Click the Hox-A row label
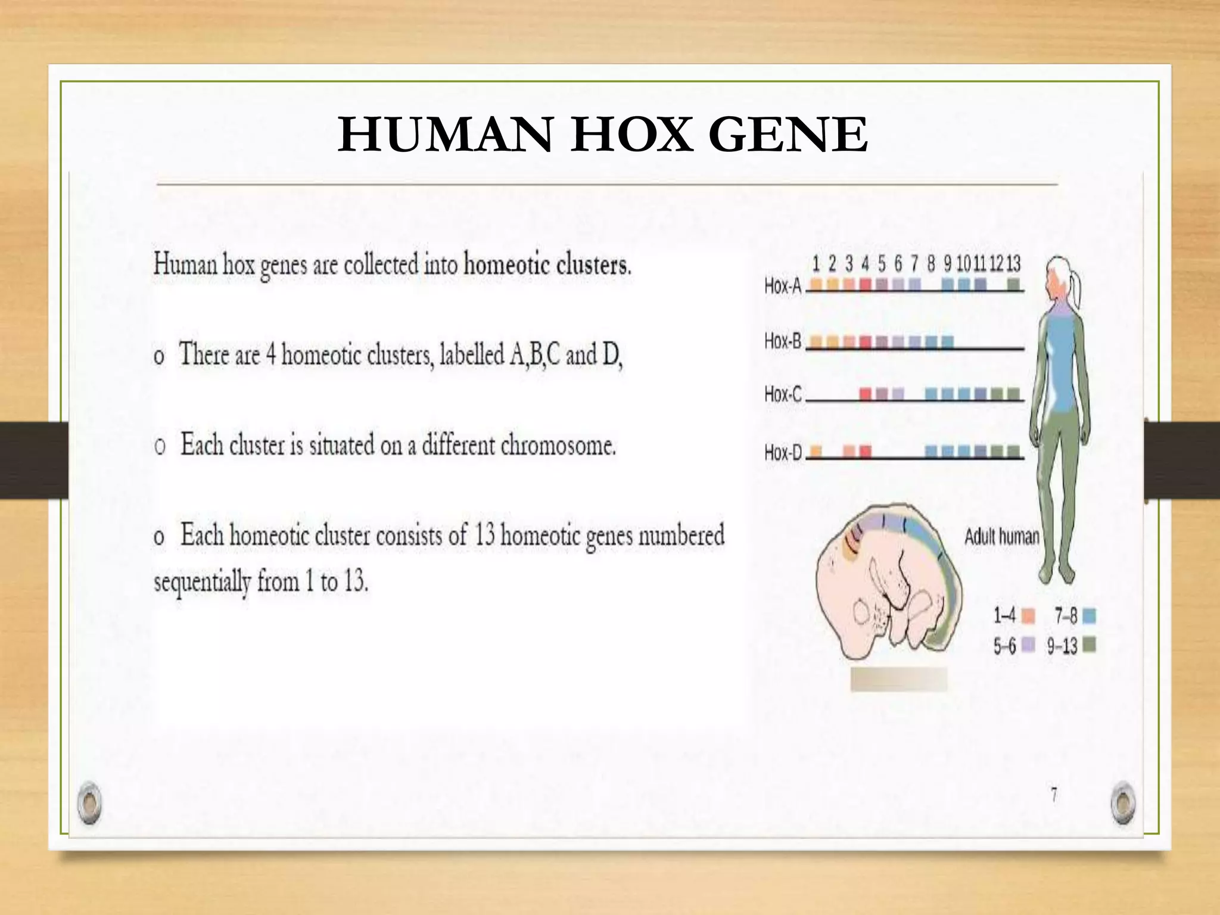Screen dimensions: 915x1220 click(x=783, y=286)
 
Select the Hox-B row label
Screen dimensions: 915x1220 click(x=783, y=341)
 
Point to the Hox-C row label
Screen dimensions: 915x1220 click(x=783, y=394)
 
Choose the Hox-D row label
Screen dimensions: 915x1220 click(x=783, y=453)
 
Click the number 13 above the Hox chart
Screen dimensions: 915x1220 click(x=1013, y=263)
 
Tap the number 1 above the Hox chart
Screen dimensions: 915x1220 click(x=816, y=263)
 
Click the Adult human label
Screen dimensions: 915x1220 click(x=1001, y=537)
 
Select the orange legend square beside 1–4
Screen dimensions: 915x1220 click(x=1029, y=616)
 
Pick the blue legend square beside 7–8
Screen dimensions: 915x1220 click(x=1090, y=616)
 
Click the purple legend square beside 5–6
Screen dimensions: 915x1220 click(x=1029, y=645)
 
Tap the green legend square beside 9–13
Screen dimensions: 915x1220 click(x=1090, y=645)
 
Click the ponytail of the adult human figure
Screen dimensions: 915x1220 click(x=1076, y=289)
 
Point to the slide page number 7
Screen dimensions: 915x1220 click(x=1054, y=795)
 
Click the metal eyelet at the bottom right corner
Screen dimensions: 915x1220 click(x=1123, y=802)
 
